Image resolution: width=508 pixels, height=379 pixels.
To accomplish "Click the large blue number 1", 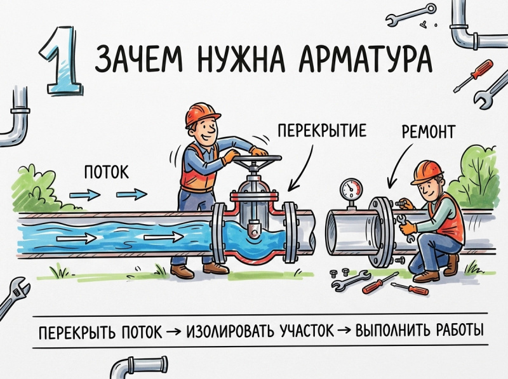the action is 62,62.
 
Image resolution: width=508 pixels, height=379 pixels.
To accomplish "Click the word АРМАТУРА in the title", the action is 366,60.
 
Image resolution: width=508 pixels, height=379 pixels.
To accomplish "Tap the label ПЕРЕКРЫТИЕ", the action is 322,130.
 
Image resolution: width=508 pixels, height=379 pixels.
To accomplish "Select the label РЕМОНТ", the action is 428,131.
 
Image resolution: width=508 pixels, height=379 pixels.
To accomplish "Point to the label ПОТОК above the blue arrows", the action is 106,172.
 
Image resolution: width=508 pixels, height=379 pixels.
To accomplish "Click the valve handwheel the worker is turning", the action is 257,159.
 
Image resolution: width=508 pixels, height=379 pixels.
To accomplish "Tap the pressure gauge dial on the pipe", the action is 351,188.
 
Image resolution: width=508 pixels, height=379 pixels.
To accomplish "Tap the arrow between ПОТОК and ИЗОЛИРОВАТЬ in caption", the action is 174,331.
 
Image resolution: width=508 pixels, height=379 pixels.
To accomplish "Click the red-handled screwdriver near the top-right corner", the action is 474,76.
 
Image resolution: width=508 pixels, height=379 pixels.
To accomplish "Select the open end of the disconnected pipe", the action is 332,232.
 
